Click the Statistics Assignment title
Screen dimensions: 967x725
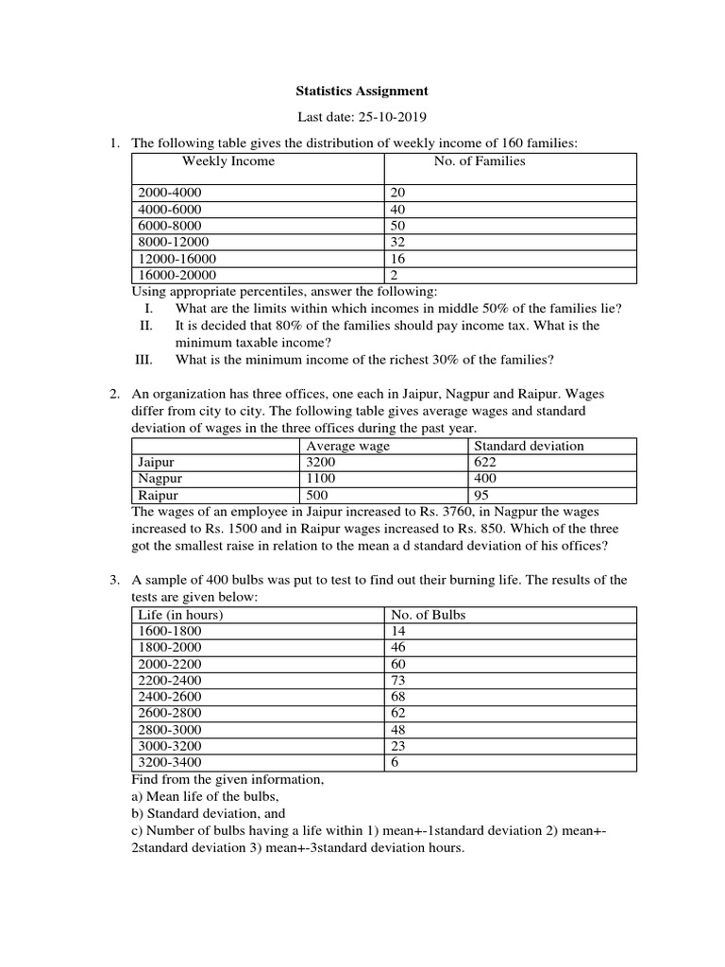pos(362,92)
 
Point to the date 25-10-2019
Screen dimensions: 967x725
pos(394,118)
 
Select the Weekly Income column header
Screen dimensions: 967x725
pos(228,161)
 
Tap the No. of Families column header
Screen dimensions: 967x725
pos(479,161)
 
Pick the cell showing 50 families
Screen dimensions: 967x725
pos(396,226)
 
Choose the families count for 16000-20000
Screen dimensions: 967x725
pos(393,275)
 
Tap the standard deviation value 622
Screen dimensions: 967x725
pos(485,463)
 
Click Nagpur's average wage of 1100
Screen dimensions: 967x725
pos(321,479)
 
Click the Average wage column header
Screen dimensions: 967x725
pos(347,446)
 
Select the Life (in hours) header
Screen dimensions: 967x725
pos(180,615)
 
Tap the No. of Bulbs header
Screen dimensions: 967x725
pos(428,615)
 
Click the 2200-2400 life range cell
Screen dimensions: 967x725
pos(170,680)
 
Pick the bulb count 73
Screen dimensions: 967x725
pos(396,680)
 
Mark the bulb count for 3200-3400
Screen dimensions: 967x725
pos(393,763)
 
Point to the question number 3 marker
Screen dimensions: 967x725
pos(112,580)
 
